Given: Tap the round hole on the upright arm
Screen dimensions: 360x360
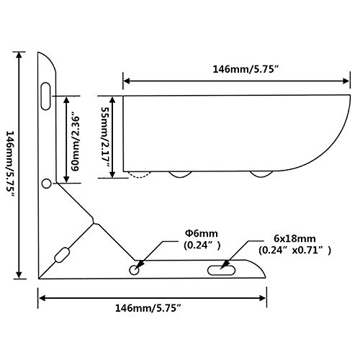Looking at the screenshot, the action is click(x=47, y=184).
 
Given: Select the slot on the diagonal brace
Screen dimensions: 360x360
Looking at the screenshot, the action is click(x=63, y=255).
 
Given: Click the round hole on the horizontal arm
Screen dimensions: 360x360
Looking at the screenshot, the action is click(x=134, y=270).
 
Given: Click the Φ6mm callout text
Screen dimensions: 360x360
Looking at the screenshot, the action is click(x=202, y=233).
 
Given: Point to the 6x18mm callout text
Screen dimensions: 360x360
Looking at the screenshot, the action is click(x=294, y=238).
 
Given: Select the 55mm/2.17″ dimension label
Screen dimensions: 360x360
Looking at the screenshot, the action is click(x=105, y=137).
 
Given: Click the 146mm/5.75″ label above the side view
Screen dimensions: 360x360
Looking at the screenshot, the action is click(x=246, y=69).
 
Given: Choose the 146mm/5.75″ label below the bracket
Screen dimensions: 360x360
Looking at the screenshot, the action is click(x=148, y=308).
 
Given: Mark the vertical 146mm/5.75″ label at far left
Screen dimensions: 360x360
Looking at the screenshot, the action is click(x=10, y=163).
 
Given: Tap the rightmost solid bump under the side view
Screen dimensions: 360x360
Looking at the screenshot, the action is click(x=261, y=174).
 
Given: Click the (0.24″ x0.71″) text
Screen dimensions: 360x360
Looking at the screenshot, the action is click(x=294, y=251).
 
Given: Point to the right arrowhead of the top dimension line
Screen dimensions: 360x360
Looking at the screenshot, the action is click(x=346, y=81).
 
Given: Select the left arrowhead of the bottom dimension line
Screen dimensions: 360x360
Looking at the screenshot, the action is click(x=42, y=298).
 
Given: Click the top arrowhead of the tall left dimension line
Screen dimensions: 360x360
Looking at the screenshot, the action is click(x=19, y=55).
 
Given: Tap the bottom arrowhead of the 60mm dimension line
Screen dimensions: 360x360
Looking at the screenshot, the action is click(x=66, y=179).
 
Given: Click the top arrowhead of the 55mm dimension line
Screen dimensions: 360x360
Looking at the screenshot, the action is click(x=112, y=100).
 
